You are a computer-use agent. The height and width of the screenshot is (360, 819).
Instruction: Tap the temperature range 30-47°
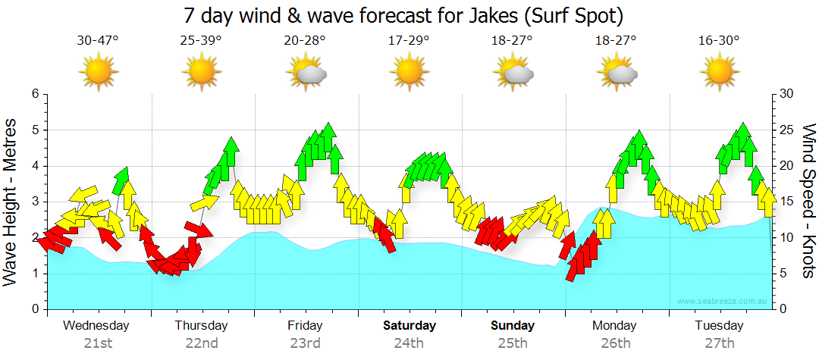pos(98,41)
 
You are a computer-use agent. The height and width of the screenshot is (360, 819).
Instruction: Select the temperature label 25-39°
pos(202,41)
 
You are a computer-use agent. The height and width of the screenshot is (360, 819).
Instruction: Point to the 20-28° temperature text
pos(305,41)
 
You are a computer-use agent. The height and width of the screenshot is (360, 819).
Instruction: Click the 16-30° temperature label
pos(719,41)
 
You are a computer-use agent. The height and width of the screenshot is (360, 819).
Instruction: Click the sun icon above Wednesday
pos(99,73)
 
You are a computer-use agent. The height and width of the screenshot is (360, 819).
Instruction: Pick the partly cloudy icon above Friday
pos(306,73)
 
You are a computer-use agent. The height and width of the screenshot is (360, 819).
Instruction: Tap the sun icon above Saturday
pos(409,73)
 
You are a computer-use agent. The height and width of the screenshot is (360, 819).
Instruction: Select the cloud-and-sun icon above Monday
pos(617,73)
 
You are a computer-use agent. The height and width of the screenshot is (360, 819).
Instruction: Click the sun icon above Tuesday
pos(719,73)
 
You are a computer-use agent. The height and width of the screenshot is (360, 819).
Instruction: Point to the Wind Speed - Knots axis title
pos(808,201)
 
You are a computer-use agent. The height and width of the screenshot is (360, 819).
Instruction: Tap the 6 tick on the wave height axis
pos(34,94)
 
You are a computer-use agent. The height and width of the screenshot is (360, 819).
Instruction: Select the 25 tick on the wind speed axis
pos(788,130)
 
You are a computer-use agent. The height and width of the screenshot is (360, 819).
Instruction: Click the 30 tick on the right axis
pos(788,94)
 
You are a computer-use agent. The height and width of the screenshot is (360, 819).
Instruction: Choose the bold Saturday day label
pos(409,326)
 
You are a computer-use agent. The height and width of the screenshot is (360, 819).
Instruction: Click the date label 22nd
pos(202,343)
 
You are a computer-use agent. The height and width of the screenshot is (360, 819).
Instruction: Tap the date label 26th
pos(616,343)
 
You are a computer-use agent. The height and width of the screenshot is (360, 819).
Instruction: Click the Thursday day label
pos(201,326)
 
